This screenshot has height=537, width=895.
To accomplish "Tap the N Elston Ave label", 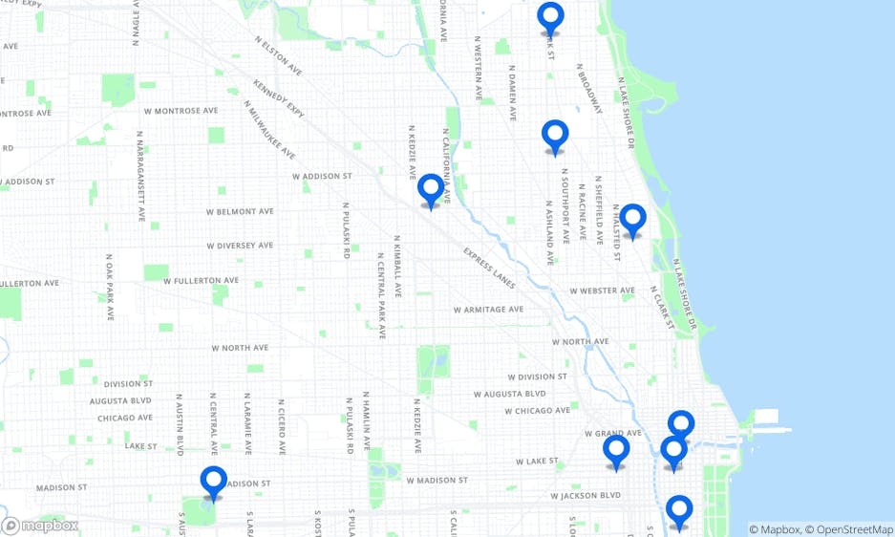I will pyautogui.click(x=278, y=57).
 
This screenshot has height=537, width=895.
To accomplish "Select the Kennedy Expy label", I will pyautogui.click(x=278, y=99).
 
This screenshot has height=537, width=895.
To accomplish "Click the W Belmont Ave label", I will pyautogui.click(x=241, y=211).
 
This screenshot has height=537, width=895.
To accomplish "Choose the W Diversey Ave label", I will pyautogui.click(x=240, y=246).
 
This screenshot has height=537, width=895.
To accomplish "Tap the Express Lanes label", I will pyautogui.click(x=489, y=268).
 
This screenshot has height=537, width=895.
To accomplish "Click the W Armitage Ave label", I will pyautogui.click(x=488, y=310).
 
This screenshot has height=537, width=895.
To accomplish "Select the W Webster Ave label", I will pyautogui.click(x=602, y=290).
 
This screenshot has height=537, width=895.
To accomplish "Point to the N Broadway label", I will pyautogui.click(x=588, y=90).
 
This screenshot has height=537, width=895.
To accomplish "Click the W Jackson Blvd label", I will pyautogui.click(x=586, y=496).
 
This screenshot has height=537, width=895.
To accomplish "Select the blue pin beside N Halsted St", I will pyautogui.click(x=632, y=220).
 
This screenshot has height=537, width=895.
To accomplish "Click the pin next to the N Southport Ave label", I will pyautogui.click(x=555, y=137).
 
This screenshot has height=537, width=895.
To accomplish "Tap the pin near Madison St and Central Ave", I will pyautogui.click(x=214, y=482).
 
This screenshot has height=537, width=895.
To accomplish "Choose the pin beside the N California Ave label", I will pyautogui.click(x=431, y=189).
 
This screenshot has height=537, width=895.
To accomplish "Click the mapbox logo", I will pyautogui.click(x=40, y=526).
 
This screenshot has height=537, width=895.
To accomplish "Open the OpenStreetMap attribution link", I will pyautogui.click(x=849, y=529).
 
